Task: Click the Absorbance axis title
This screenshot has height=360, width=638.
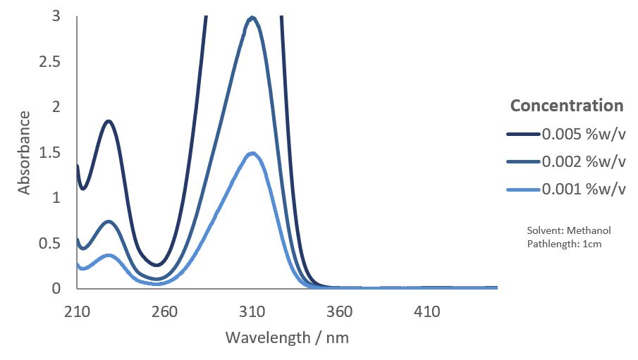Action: point(25,151)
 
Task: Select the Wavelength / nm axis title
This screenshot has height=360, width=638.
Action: point(287,337)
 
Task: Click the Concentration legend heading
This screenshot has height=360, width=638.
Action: point(567,106)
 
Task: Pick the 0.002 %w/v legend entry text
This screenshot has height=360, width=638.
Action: point(584,161)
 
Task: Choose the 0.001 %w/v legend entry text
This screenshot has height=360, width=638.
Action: point(584,190)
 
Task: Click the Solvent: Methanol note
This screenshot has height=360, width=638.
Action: point(568,230)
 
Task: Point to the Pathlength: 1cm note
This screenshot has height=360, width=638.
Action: point(564,244)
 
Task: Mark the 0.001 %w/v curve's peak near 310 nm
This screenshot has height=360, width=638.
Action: point(252,153)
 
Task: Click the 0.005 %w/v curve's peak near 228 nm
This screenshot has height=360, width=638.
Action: point(109,120)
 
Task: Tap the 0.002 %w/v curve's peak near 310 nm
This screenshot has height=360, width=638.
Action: point(252,18)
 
